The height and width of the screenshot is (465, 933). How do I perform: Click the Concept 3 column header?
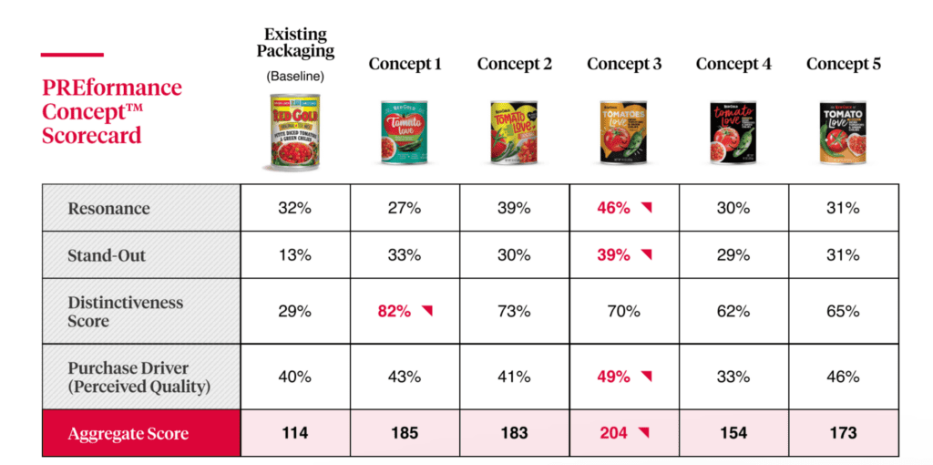coord(624,64)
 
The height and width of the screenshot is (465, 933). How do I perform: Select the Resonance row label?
coord(108,208)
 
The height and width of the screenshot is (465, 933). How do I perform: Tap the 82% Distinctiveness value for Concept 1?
coord(394,311)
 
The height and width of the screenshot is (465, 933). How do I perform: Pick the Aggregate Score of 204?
coord(613,432)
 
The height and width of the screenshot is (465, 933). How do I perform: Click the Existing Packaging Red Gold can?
coord(295,133)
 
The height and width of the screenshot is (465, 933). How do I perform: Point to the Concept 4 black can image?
coord(733,133)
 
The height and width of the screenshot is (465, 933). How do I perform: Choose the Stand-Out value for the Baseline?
coord(294,255)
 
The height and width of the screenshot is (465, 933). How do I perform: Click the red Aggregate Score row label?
coord(128,433)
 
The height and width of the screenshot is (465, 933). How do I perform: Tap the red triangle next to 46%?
coord(646,208)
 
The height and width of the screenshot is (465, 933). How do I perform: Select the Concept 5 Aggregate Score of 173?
coord(843,432)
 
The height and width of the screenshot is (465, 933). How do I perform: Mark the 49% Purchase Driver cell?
coord(613,377)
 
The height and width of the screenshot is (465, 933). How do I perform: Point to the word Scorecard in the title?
coord(91,136)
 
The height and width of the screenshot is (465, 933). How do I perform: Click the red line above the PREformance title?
coord(72,55)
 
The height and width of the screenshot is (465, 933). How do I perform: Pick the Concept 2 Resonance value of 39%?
coord(514,208)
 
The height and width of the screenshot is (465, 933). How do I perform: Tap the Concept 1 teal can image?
coord(405,133)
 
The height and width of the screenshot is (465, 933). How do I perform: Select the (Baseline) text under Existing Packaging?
coord(295,77)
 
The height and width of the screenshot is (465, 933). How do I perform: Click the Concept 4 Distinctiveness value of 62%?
coord(733,311)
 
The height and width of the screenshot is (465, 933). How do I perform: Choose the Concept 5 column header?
coord(843,64)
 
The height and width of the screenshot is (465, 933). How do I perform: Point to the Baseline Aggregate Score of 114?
coord(295,432)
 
